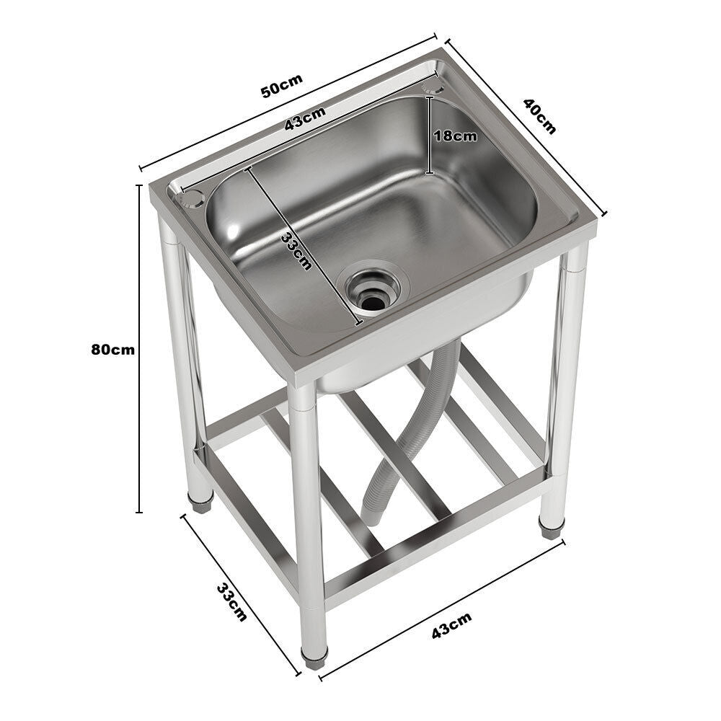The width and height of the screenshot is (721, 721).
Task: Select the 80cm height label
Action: tap(112, 350)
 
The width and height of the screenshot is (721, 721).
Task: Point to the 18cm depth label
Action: tap(455, 136)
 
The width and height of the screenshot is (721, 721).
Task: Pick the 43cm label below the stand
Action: tap(451, 624)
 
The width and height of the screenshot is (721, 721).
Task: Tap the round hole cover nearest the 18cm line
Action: tap(434, 87)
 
